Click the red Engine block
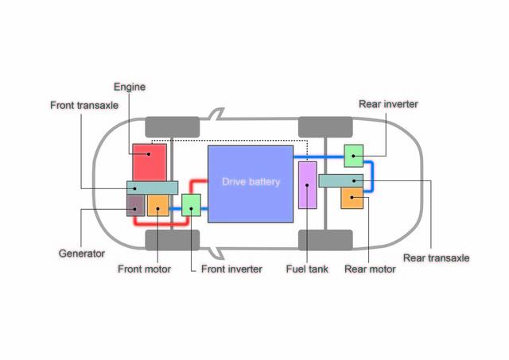[x=150, y=162]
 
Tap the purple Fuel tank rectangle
[x=308, y=184]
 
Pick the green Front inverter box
[x=192, y=205]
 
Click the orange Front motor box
[x=158, y=205]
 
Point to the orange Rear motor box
[x=352, y=199]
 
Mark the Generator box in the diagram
[x=136, y=205]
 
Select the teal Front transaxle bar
[x=152, y=188]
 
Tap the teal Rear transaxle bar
[x=340, y=180]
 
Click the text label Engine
[x=130, y=87]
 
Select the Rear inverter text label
[x=388, y=104]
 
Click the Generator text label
[x=82, y=254]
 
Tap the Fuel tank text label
[x=307, y=269]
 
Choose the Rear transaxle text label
[x=436, y=257]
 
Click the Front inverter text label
[x=231, y=269]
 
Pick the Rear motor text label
[x=370, y=269]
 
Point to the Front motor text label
[x=144, y=269]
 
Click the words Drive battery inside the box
[x=251, y=182]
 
